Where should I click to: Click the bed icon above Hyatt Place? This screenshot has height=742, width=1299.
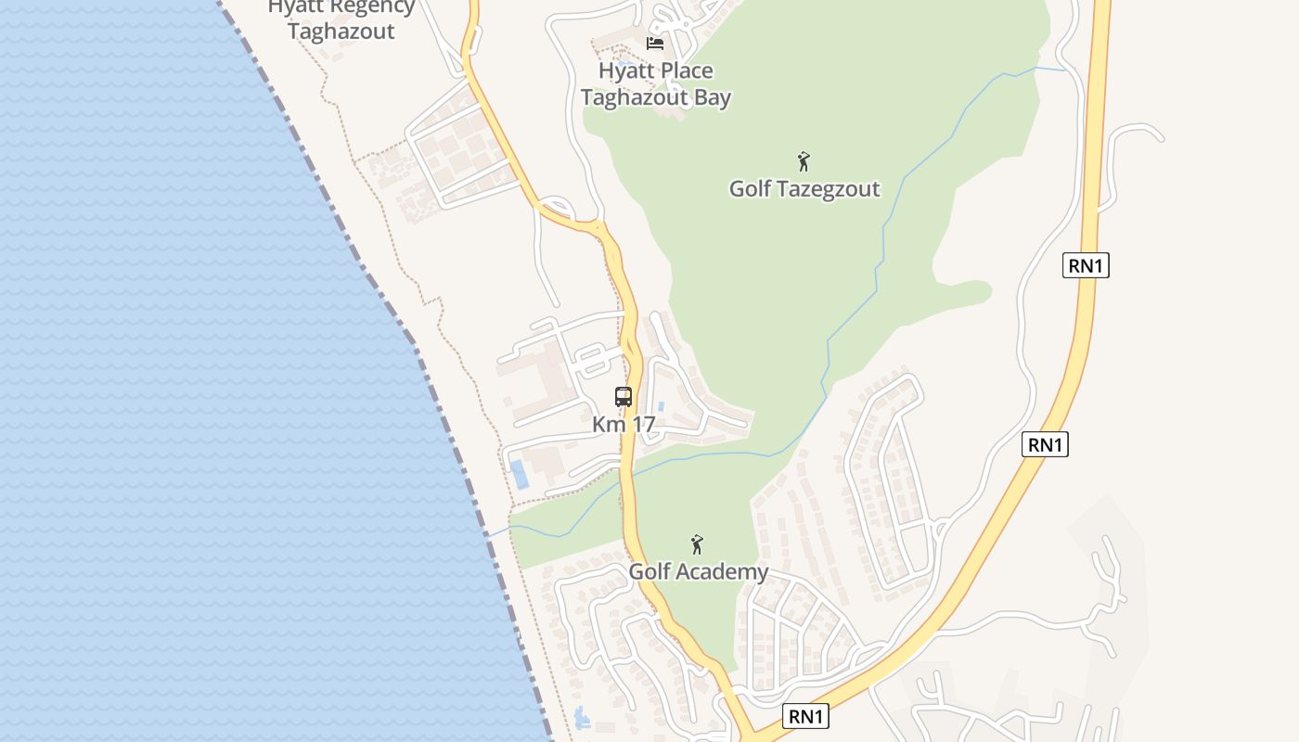coord(655,43)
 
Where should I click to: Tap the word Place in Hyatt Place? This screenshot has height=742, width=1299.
coord(683,71)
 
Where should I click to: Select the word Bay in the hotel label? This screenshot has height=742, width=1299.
coord(711,97)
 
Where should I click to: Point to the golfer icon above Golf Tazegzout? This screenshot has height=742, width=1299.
coord(804,161)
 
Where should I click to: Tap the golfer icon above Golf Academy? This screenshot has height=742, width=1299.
coord(697,544)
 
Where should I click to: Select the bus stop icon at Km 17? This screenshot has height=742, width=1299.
coord(624,397)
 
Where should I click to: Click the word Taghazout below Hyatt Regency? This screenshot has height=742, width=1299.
coord(341,32)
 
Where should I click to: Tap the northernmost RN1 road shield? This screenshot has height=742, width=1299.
coord(1086,265)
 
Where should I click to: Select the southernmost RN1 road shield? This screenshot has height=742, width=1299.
coord(805,716)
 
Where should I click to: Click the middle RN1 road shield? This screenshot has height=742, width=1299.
coord(1045,444)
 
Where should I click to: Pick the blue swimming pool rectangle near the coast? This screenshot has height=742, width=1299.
coord(520,474)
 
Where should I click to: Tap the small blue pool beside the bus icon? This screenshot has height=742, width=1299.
coord(661,406)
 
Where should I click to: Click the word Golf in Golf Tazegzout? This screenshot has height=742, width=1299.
coord(750,189)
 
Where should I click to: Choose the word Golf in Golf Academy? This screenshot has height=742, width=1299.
coord(649,572)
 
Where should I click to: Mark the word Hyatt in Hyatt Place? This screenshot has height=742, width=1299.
coord(624,71)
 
